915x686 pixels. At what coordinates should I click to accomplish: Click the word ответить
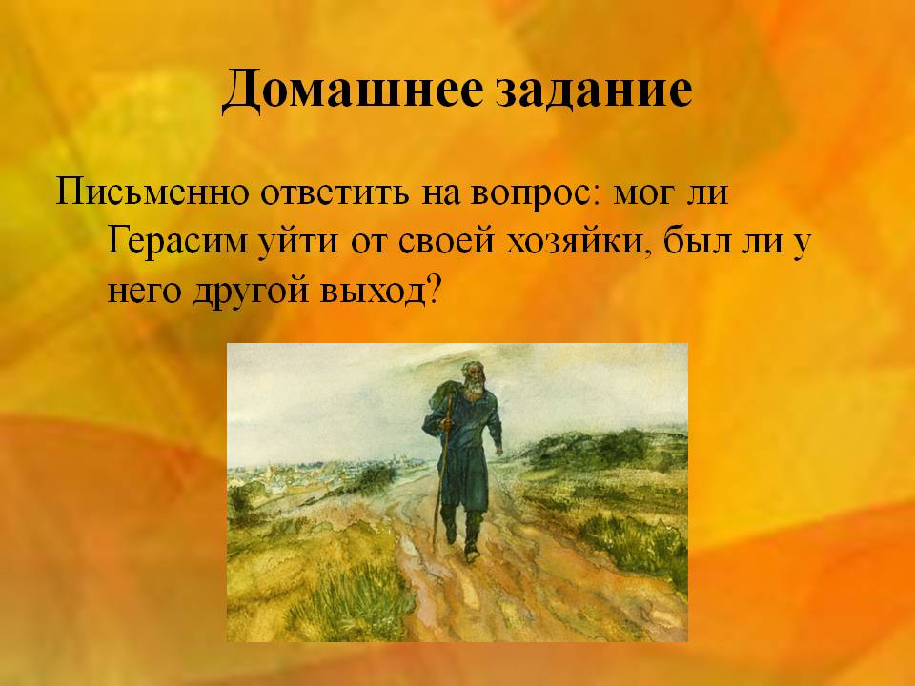tap(335, 193)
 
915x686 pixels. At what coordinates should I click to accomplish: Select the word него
tap(145, 292)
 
